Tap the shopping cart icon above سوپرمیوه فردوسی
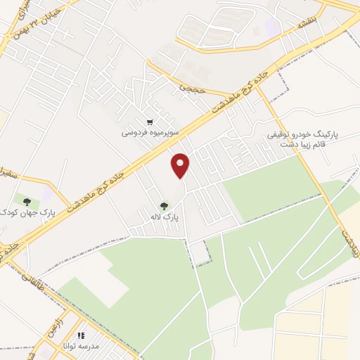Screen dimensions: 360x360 tap(150, 122)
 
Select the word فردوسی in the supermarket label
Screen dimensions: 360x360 tap(135, 132)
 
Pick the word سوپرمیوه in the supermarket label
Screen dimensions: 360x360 tap(164, 132)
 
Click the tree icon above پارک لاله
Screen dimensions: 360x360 tap(163, 206)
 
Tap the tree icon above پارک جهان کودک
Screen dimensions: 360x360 tap(27, 202)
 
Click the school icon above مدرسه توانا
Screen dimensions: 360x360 tap(80, 336)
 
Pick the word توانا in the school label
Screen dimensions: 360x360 tap(68, 347)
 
